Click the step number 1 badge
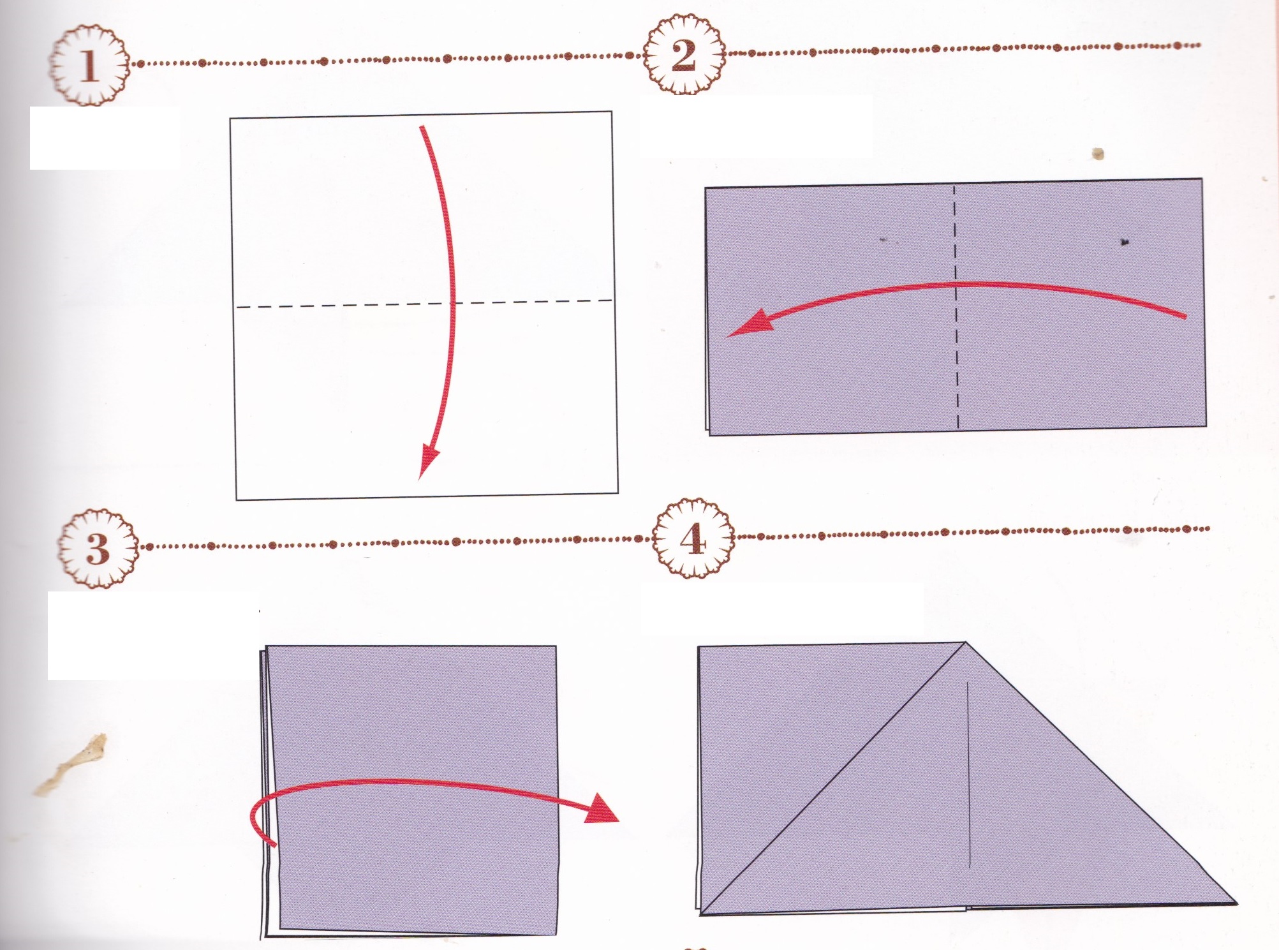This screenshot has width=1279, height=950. [89, 64]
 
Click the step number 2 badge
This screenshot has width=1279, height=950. [684, 55]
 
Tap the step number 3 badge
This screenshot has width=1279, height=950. [98, 547]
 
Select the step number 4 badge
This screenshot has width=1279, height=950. [693, 539]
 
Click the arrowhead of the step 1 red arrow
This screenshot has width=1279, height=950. [429, 461]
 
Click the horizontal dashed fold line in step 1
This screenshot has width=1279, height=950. [424, 304]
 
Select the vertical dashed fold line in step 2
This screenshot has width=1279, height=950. [956, 307]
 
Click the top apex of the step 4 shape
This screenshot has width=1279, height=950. [965, 642]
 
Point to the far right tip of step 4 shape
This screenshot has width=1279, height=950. [1236, 902]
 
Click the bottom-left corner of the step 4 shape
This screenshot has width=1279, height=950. [701, 914]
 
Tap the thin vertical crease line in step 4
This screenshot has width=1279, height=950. [968, 775]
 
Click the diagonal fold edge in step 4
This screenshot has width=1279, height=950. [833, 778]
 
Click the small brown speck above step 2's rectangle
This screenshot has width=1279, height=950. [1098, 154]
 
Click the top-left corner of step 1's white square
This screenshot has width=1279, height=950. [230, 118]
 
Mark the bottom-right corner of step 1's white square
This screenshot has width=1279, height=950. [617, 493]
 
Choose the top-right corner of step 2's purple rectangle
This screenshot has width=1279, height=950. [1202, 179]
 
